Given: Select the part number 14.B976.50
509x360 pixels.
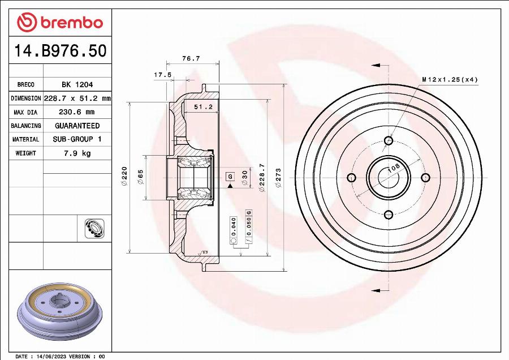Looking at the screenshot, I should (x=59, y=52).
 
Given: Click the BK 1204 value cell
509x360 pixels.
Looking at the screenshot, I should (x=77, y=84).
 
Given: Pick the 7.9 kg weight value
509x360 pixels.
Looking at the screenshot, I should (x=77, y=153).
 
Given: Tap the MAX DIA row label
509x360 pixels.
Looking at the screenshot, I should (x=26, y=112).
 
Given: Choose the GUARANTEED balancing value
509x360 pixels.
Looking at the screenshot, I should (x=77, y=126).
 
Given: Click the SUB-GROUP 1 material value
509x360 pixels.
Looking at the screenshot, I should (x=77, y=139).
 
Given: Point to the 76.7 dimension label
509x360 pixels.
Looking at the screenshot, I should (x=191, y=58).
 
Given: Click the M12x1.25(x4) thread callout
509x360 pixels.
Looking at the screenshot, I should (x=450, y=79).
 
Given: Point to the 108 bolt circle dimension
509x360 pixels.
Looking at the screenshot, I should (x=394, y=168).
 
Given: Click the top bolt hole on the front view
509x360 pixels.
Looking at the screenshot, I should (x=388, y=140).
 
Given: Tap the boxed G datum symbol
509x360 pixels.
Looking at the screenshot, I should (x=230, y=177).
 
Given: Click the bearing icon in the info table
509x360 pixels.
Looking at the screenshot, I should (x=92, y=228).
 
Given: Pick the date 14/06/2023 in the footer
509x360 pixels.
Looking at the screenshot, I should (x=50, y=357).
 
